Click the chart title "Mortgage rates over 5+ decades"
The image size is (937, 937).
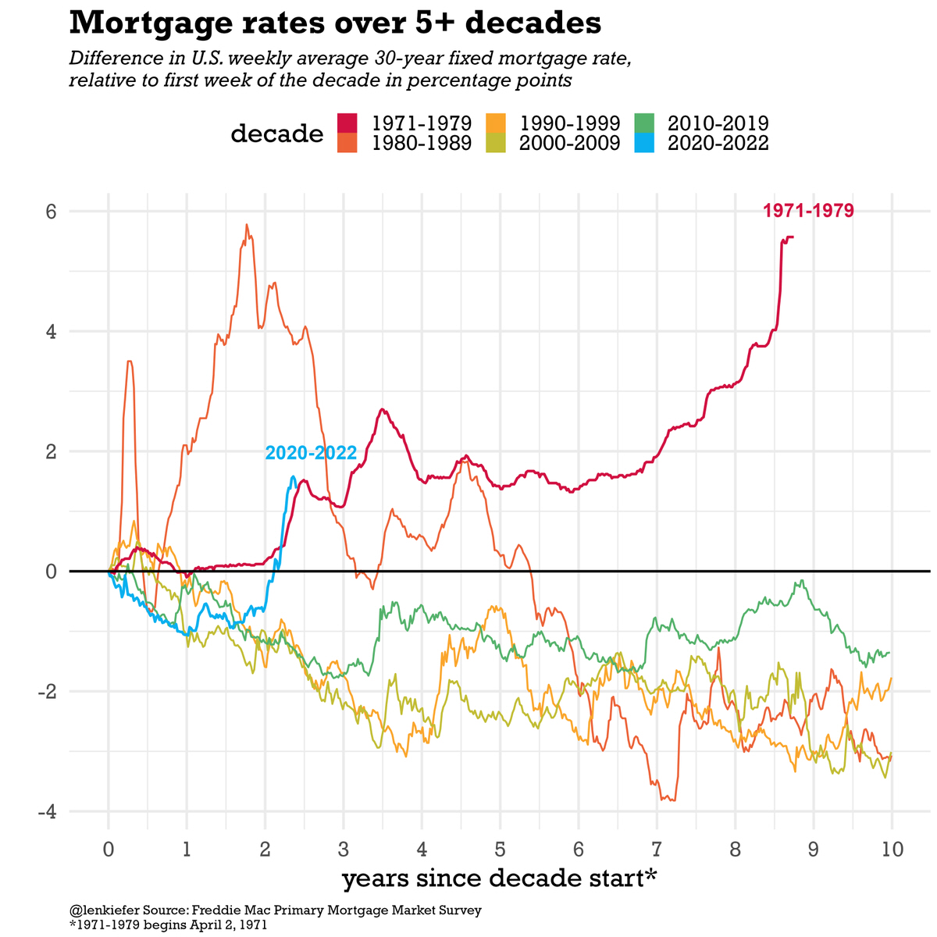[335, 23]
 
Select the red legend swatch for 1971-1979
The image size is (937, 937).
[347, 123]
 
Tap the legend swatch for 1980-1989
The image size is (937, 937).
[347, 143]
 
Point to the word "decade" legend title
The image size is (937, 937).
[276, 134]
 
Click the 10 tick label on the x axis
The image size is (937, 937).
[892, 849]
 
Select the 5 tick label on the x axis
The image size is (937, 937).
[500, 849]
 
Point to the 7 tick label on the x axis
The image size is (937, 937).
[657, 849]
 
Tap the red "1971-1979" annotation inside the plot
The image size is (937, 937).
[808, 210]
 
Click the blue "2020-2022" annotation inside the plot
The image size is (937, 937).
[311, 453]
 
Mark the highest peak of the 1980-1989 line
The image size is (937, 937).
[247, 226]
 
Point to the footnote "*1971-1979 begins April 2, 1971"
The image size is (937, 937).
[168, 925]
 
